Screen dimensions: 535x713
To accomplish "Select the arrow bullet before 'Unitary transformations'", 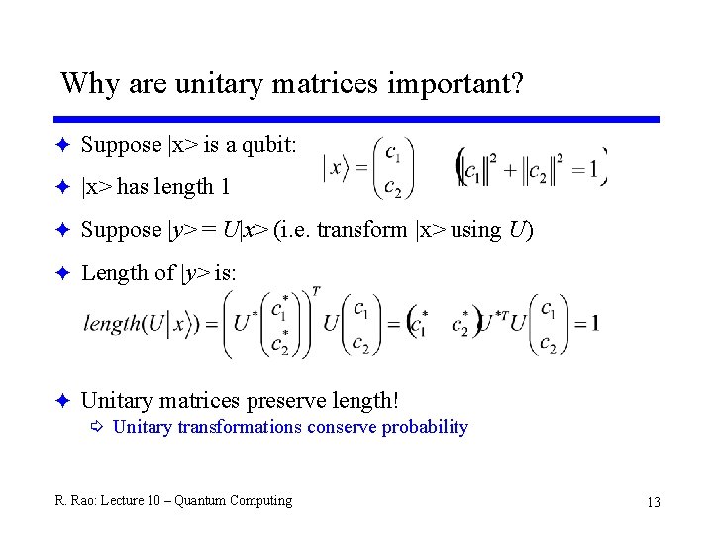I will [96, 427].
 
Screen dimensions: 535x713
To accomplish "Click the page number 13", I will [653, 502].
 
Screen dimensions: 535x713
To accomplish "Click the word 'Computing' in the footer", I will [260, 501].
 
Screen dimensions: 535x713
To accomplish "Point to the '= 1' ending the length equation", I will [585, 323].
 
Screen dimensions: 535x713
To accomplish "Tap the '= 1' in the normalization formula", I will [585, 169].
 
